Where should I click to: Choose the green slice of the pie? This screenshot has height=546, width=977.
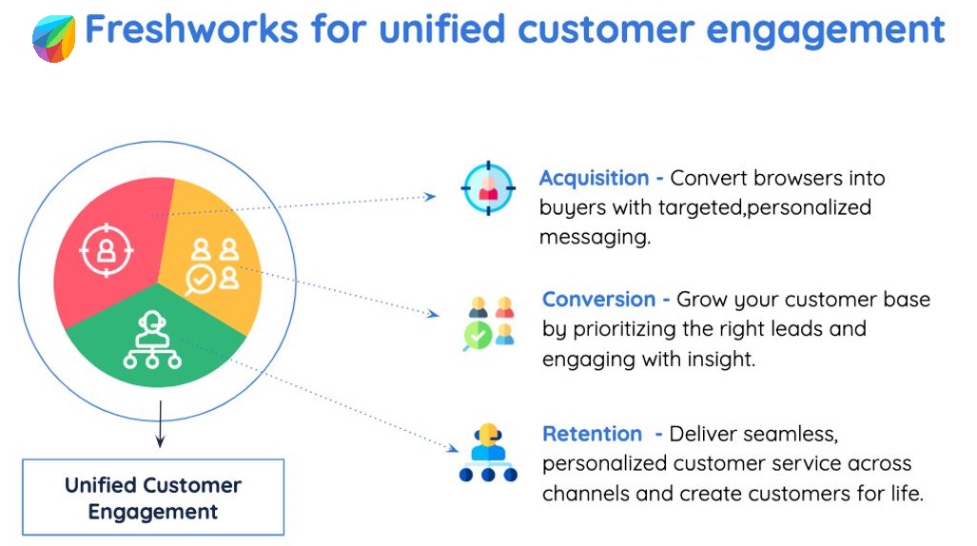coord(152,347)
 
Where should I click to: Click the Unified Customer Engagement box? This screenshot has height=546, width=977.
coord(153,497)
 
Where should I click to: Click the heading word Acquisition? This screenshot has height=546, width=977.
coord(594,178)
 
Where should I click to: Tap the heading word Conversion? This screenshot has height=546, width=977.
coord(598,300)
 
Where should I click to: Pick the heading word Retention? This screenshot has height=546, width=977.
coord(592,434)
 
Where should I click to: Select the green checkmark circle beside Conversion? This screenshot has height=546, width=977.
coord(477,336)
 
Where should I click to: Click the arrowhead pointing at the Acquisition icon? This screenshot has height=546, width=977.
coord(431,197)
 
